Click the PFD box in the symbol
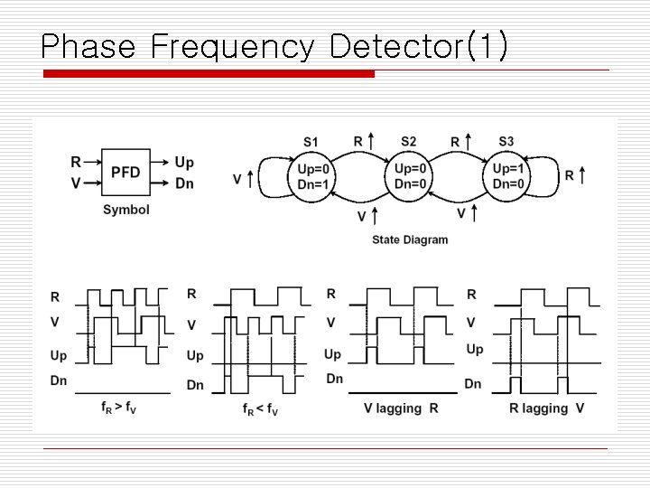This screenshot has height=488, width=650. click(x=125, y=173)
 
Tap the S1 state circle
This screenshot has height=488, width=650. click(x=313, y=176)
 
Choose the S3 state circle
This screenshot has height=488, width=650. click(x=508, y=176)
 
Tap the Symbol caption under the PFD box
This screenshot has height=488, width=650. click(x=126, y=210)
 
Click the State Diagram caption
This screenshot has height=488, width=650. click(x=410, y=239)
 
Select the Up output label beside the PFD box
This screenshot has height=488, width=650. click(x=184, y=163)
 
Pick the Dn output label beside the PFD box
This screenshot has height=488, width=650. click(x=184, y=183)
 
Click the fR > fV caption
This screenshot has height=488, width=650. click(x=119, y=408)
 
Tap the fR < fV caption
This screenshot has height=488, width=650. click(x=260, y=408)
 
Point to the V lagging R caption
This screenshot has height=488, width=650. click(x=401, y=408)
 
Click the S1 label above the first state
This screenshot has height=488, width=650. click(x=311, y=142)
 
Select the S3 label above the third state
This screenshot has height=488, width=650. click(x=506, y=142)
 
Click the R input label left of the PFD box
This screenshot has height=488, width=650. click(x=76, y=163)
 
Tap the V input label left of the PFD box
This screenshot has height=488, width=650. click(x=76, y=183)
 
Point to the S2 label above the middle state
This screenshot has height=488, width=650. click(x=408, y=142)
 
